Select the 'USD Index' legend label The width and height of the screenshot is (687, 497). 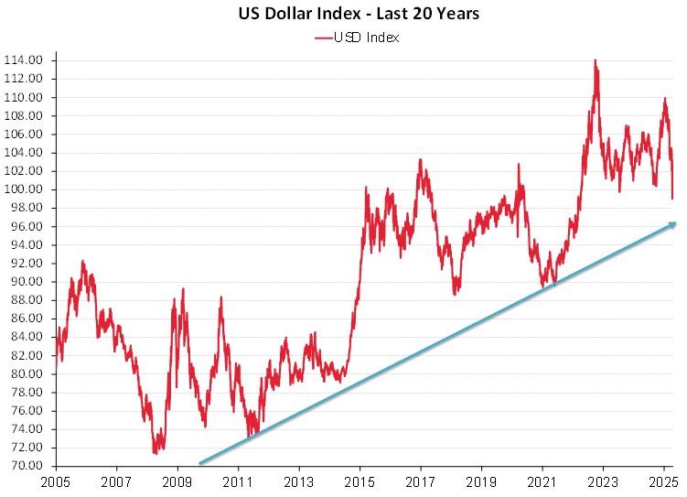point(370,38)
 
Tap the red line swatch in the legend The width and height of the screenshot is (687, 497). point(327,38)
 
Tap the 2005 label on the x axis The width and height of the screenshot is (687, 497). point(56,481)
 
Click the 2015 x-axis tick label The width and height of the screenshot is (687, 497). point(360,481)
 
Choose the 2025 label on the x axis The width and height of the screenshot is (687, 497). point(663,481)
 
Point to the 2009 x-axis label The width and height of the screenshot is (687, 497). point(177,481)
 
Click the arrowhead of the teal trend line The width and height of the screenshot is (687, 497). point(673,223)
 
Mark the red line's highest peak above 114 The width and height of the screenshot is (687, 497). point(596,61)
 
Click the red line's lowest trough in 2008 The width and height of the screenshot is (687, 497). point(156,452)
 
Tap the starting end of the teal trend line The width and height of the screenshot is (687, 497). point(200,463)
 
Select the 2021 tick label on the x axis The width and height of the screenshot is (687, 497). point(542,481)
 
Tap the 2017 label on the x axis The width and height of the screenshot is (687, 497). point(420,481)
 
